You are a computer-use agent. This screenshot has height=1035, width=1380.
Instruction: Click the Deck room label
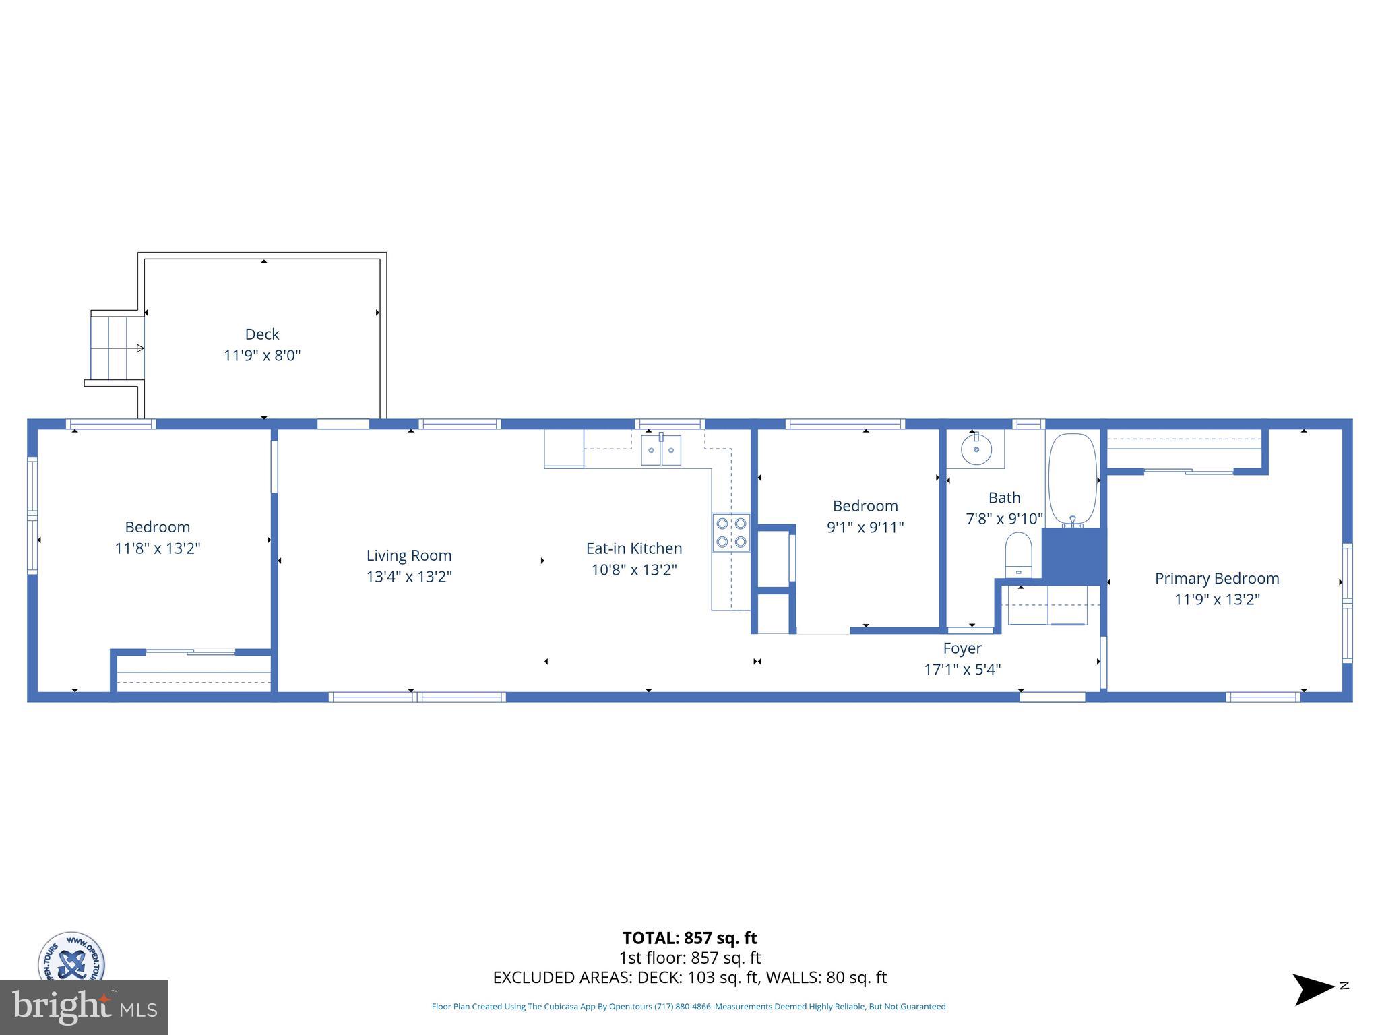[x=261, y=334]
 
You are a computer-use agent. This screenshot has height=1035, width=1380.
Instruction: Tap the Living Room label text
[x=409, y=555]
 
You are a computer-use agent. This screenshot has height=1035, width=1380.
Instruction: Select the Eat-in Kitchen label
[x=634, y=548]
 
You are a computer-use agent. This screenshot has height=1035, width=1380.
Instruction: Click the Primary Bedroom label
[x=1217, y=578]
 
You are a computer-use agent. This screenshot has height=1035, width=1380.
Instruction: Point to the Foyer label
[x=962, y=648]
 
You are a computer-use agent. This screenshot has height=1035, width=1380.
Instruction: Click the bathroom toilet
[x=1018, y=554]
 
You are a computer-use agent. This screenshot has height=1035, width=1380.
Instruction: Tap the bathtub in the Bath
[x=1072, y=478]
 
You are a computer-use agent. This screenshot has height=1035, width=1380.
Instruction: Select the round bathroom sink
[x=976, y=449]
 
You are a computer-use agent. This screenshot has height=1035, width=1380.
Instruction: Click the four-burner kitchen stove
[x=731, y=532]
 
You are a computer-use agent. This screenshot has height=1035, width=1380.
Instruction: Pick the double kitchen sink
[x=661, y=450]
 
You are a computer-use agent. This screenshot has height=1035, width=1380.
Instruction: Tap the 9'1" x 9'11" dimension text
[x=865, y=527]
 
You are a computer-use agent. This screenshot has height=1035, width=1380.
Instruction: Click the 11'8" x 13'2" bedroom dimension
[x=158, y=548]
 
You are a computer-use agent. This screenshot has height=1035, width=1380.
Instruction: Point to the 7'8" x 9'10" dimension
[x=1004, y=519]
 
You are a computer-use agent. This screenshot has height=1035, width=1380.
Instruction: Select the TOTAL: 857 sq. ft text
[x=689, y=938]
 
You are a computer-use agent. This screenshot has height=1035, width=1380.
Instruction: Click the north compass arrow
[x=1313, y=989]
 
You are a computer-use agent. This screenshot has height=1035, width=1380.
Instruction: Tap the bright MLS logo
[x=84, y=1007]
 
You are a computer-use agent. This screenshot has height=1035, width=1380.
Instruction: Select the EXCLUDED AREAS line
[x=689, y=977]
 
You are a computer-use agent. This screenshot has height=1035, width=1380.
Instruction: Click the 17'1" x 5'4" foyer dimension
[x=962, y=669]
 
